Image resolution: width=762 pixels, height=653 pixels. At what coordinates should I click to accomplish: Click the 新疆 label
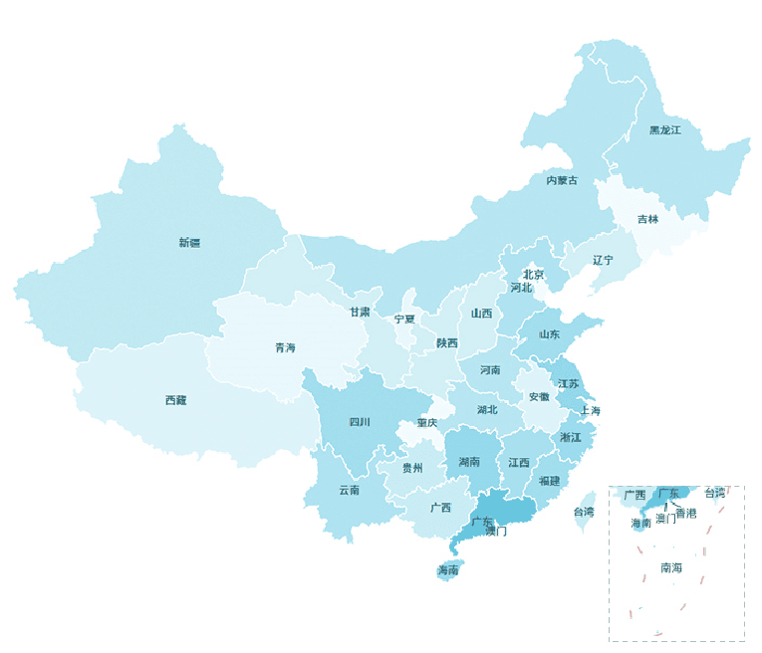click(x=189, y=242)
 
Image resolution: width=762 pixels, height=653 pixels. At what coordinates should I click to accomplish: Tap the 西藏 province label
click(x=175, y=400)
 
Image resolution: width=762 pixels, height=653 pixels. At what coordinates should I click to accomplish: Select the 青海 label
click(x=285, y=347)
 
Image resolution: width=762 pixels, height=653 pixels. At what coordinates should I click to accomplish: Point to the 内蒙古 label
click(x=561, y=180)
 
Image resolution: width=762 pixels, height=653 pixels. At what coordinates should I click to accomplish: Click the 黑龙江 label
click(x=664, y=130)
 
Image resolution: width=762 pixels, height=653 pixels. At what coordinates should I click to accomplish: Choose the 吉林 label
click(x=647, y=219)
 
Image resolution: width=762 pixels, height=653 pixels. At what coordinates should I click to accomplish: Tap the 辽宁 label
click(x=603, y=260)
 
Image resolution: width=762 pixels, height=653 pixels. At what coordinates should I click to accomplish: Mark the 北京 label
click(x=534, y=275)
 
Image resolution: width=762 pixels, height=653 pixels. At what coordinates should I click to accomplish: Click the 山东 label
click(x=549, y=334)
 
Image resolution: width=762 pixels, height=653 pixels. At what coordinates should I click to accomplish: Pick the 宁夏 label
click(x=404, y=319)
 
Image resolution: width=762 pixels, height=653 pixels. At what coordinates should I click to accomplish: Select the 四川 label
click(x=360, y=421)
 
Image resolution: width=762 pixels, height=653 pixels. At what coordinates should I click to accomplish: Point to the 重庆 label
click(x=427, y=422)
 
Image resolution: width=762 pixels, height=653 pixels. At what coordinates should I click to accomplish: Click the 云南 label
click(x=349, y=490)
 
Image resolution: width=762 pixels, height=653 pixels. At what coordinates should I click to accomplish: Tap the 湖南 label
click(x=469, y=462)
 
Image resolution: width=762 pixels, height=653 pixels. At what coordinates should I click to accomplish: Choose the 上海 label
click(x=590, y=410)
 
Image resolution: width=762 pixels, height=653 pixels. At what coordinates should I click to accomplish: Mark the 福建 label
click(x=549, y=481)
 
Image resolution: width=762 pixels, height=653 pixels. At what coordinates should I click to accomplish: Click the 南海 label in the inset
click(x=671, y=567)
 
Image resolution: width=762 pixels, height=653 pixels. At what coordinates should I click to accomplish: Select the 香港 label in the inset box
click(x=686, y=512)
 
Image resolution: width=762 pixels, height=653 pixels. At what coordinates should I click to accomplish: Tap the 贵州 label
click(x=412, y=467)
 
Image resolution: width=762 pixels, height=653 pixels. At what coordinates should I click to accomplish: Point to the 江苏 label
click(x=568, y=383)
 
